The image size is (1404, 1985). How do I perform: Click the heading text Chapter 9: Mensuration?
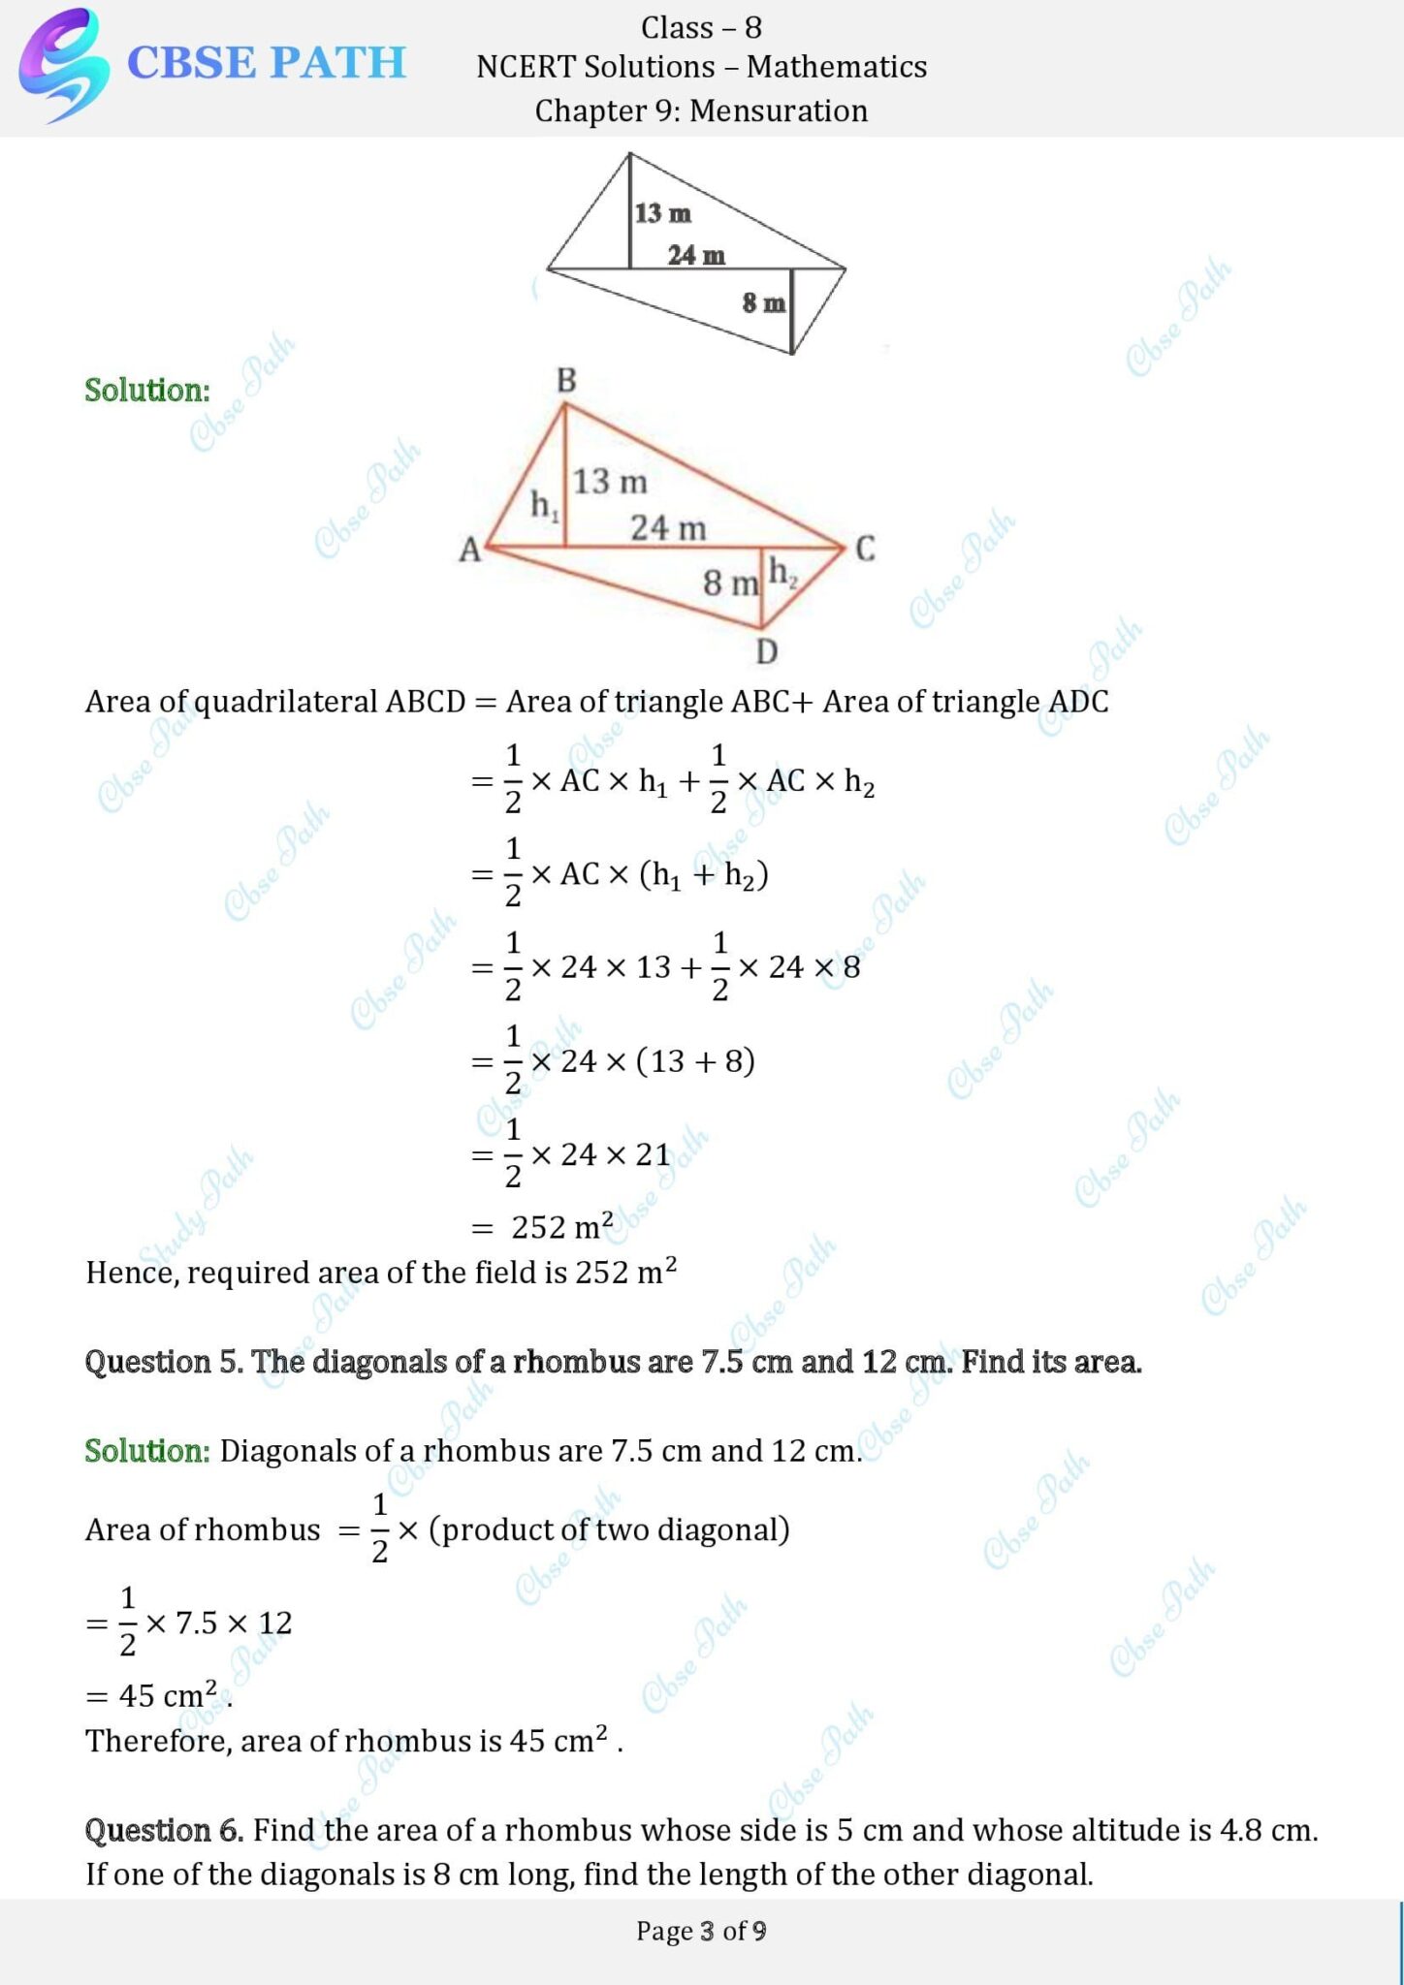click(x=701, y=110)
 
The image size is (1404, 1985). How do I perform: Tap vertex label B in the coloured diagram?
click(x=566, y=381)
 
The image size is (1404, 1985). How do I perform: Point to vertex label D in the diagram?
click(x=766, y=651)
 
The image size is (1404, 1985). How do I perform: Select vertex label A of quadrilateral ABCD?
click(x=469, y=550)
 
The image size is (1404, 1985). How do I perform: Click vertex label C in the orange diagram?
click(x=865, y=549)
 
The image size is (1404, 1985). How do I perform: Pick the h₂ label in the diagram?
click(x=782, y=573)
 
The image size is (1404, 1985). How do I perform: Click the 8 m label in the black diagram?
click(x=764, y=303)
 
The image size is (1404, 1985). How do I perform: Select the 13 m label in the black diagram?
click(x=663, y=213)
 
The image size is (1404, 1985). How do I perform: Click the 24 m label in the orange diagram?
click(x=668, y=528)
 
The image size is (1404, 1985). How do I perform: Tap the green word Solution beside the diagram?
click(x=147, y=390)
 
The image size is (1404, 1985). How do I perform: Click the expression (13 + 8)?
click(x=695, y=1061)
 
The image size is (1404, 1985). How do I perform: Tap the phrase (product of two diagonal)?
click(x=609, y=1529)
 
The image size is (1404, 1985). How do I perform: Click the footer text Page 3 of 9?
click(x=701, y=1931)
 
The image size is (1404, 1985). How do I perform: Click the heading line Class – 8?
click(x=701, y=28)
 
